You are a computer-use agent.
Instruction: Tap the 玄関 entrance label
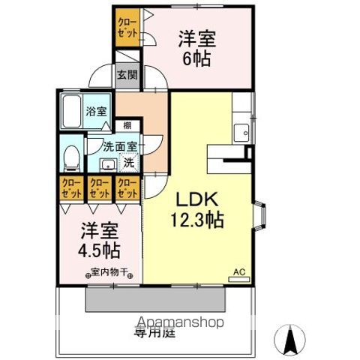127,74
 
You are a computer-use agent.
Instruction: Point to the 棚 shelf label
128,124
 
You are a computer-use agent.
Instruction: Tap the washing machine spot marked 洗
128,161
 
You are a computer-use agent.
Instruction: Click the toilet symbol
70,157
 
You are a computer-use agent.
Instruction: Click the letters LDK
196,200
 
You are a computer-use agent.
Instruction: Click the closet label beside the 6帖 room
126,28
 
